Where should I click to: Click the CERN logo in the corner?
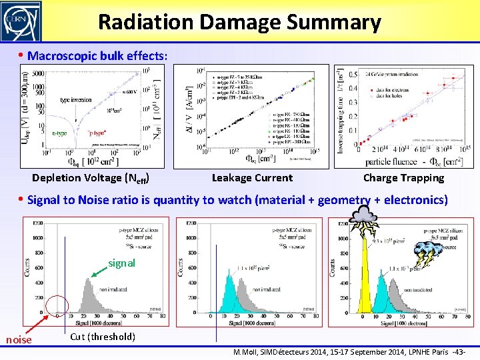pyautogui.click(x=21, y=21)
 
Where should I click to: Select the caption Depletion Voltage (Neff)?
pyautogui.click(x=90, y=178)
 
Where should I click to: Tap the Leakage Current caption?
pyautogui.click(x=251, y=178)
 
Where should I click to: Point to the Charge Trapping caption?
pyautogui.click(x=403, y=178)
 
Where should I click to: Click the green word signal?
pyautogui.click(x=121, y=263)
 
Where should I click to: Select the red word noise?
pyautogui.click(x=18, y=340)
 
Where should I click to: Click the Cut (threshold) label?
pyautogui.click(x=102, y=336)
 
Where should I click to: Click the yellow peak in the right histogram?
pyautogui.click(x=364, y=280)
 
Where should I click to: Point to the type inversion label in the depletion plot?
pyautogui.click(x=75, y=100)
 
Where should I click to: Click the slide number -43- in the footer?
pyautogui.click(x=458, y=352)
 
